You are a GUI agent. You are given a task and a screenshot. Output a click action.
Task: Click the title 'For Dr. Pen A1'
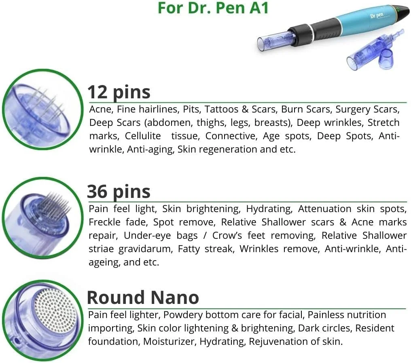[213, 8]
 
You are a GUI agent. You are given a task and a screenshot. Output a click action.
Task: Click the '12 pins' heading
[119, 93]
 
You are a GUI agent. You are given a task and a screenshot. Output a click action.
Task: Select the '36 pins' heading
[119, 191]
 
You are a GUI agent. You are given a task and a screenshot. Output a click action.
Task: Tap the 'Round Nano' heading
[143, 298]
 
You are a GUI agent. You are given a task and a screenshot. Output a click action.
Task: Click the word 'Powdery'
[182, 315]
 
